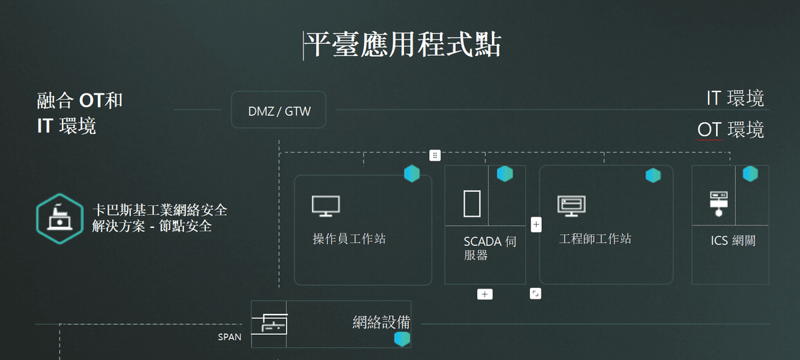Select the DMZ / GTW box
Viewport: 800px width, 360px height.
(279, 111)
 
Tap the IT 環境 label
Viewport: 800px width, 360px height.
(735, 99)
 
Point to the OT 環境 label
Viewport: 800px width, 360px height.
(731, 129)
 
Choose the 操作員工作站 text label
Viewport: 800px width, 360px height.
(349, 239)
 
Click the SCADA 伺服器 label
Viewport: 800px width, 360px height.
(489, 248)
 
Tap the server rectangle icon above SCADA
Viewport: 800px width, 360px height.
(472, 203)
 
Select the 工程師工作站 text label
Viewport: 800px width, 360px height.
(595, 239)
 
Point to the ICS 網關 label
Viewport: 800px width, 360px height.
(733, 241)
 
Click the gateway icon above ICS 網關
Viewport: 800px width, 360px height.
(718, 203)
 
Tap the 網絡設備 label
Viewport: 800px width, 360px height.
(381, 323)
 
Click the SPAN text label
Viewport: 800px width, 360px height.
(230, 337)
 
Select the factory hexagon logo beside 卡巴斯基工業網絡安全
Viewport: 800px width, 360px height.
(60, 219)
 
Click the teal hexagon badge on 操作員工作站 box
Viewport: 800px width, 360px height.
(412, 174)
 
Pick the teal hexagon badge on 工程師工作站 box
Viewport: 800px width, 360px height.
(653, 175)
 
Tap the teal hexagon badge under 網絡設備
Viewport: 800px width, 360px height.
(401, 339)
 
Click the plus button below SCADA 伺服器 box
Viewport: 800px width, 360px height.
(485, 294)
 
